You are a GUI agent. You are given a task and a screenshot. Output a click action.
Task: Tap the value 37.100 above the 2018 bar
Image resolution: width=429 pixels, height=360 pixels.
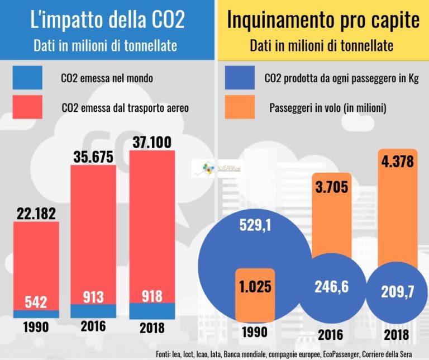click(152, 143)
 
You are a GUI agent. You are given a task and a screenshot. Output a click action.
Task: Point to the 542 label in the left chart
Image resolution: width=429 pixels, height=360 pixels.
click(36, 301)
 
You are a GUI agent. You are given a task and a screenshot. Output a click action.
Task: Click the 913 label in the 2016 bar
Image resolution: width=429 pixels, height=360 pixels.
click(93, 296)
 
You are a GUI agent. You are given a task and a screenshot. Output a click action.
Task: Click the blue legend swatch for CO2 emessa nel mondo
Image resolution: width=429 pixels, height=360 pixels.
click(27, 78)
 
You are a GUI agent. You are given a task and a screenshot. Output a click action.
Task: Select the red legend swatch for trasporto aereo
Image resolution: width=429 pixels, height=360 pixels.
click(27, 107)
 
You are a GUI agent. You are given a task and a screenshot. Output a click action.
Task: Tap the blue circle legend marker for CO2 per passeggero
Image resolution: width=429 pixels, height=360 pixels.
click(241, 78)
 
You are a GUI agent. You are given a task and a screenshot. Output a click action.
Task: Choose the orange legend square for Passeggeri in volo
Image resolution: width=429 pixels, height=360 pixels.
click(241, 107)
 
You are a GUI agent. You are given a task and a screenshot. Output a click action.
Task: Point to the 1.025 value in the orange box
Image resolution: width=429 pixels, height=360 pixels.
click(254, 287)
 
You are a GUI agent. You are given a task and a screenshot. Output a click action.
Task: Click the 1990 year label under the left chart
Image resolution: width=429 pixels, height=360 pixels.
click(36, 327)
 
